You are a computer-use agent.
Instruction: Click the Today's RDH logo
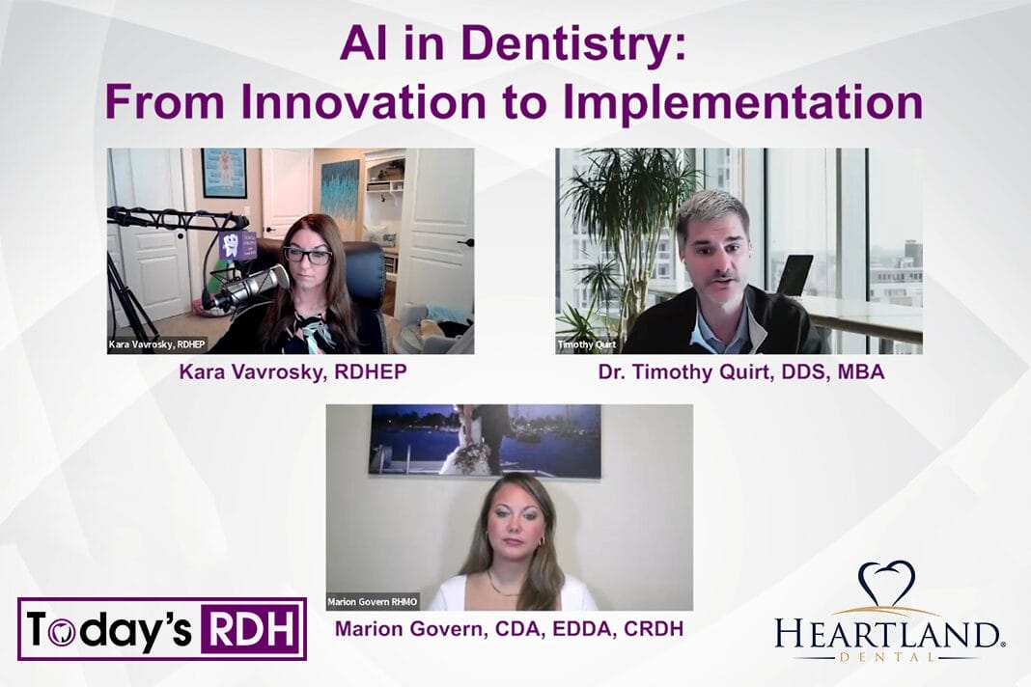coord(162,629)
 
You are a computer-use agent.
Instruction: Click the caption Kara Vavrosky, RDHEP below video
coord(293,372)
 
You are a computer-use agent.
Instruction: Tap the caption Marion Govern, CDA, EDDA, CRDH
coord(509,629)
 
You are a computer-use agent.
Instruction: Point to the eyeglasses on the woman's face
coord(307,256)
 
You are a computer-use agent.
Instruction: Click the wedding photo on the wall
coord(485,439)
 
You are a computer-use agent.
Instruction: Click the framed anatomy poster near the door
coord(224,173)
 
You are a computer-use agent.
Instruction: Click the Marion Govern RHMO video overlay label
coord(372,602)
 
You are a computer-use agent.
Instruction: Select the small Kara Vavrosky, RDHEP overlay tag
coord(156,344)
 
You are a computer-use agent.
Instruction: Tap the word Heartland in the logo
coord(886,634)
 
